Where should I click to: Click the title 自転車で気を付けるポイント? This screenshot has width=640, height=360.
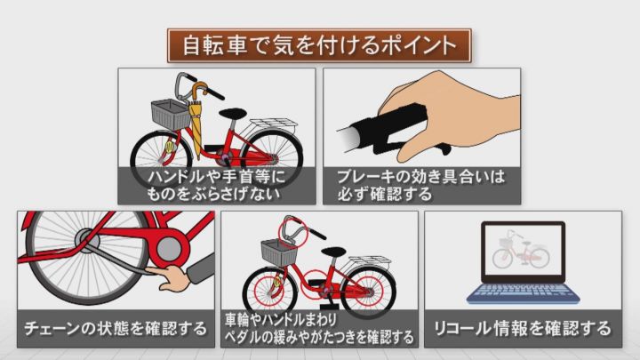coord(319,45)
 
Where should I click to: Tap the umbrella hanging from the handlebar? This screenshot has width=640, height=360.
coord(196,118)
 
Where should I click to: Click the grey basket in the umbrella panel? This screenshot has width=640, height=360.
coord(171,114)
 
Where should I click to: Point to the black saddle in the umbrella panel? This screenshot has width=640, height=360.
coord(233,113)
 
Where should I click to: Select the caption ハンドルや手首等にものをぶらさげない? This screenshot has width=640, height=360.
coord(216,185)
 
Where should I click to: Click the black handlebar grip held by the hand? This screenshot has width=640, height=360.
coord(388,125)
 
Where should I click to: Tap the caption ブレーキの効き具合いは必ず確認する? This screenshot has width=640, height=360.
coord(420,185)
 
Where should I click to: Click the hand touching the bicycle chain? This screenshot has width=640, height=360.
coord(170,277)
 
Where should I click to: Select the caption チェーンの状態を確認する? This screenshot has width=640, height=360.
coord(116,329)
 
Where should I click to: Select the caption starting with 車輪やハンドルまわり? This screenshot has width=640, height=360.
coord(319,329)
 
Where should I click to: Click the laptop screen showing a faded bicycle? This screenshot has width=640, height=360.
coord(524,250)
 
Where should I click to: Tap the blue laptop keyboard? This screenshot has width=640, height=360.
coord(524,294)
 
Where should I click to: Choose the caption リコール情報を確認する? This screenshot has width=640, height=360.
coord(523,329)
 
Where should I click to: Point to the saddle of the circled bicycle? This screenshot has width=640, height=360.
coord(335,252)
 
